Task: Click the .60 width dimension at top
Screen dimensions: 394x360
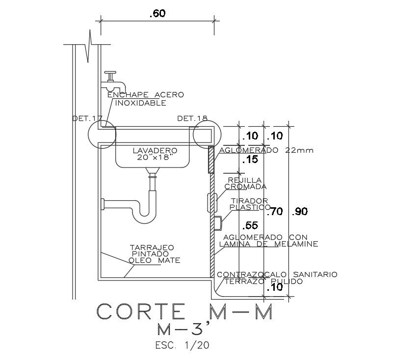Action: (158, 13)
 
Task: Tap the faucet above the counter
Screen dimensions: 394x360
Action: (113, 82)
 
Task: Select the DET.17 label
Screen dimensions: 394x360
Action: (87, 118)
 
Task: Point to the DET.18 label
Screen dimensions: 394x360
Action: (192, 118)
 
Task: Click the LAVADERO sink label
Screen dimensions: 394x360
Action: (155, 150)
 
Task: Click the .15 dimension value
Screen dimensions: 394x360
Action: (250, 159)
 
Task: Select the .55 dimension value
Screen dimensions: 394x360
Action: (250, 225)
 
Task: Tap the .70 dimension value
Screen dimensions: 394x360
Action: (275, 212)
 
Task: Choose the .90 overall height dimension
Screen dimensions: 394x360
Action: (300, 212)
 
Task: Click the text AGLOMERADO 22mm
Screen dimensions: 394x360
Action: (266, 150)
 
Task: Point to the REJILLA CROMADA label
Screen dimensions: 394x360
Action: (245, 183)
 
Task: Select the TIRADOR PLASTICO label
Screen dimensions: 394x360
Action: (250, 204)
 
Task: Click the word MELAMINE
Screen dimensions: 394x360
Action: (296, 244)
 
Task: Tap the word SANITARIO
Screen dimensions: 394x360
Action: (315, 274)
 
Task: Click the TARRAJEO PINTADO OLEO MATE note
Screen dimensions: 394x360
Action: (154, 254)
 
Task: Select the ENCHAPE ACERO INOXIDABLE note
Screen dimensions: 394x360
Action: (146, 99)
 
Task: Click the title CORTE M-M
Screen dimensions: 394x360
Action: (184, 311)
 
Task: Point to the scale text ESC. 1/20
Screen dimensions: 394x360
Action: (182, 345)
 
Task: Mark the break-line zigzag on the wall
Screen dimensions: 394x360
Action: (88, 46)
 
